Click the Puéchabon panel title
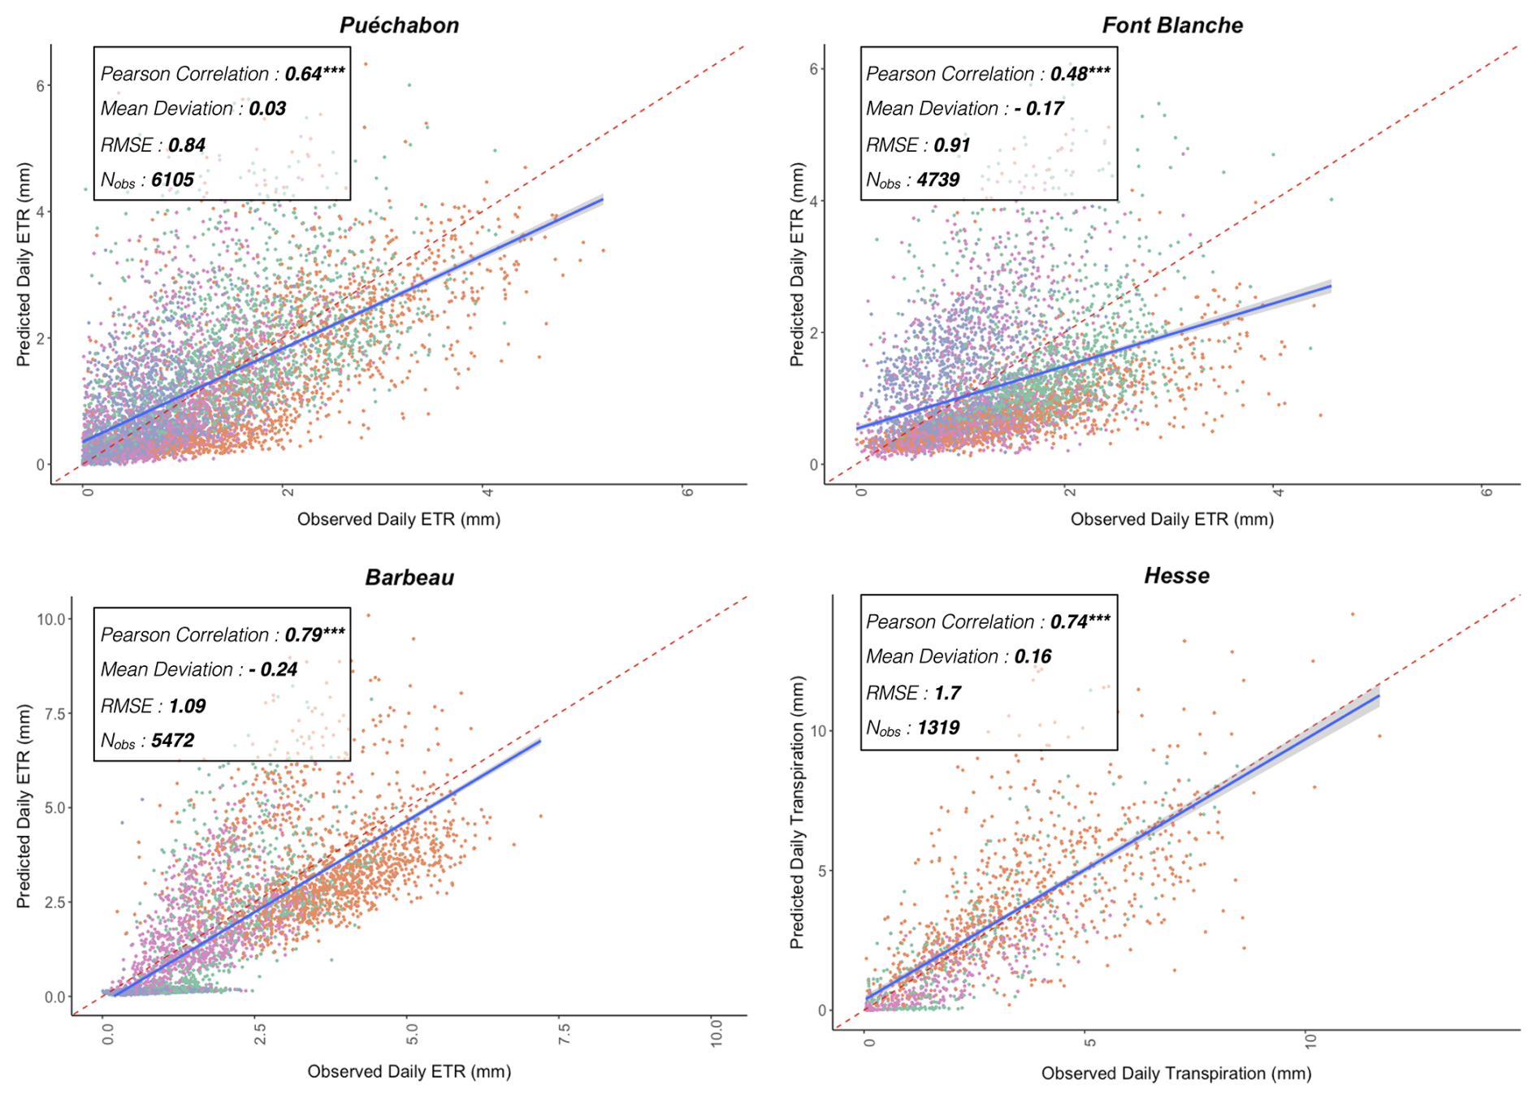tap(399, 25)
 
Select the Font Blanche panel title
tap(1171, 25)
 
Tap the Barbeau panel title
tap(409, 578)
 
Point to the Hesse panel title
tap(1176, 576)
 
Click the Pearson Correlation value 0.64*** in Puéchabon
tap(314, 74)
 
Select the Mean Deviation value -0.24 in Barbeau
tap(273, 669)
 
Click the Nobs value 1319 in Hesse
tap(938, 728)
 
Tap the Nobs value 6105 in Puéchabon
tap(172, 180)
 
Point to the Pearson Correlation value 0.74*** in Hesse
tap(1080, 621)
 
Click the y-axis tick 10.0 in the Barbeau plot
tap(50, 619)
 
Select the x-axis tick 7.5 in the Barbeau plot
tap(565, 1035)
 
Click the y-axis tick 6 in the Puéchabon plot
tap(40, 86)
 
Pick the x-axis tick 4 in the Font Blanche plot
tap(1277, 491)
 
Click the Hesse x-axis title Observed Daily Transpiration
tap(1175, 1074)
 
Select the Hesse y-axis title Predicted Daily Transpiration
tap(797, 812)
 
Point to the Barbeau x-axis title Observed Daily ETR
tap(409, 1072)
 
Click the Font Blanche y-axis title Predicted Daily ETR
tap(797, 265)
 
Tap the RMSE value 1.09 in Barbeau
tap(187, 706)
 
